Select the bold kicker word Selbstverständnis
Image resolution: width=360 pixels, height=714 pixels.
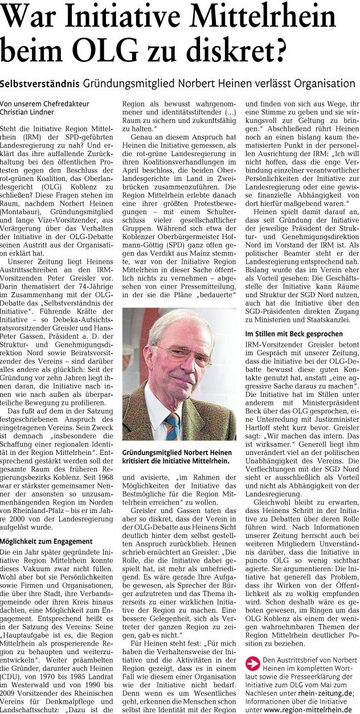[40, 84]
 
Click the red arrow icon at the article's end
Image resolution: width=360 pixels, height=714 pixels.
[252, 661]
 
